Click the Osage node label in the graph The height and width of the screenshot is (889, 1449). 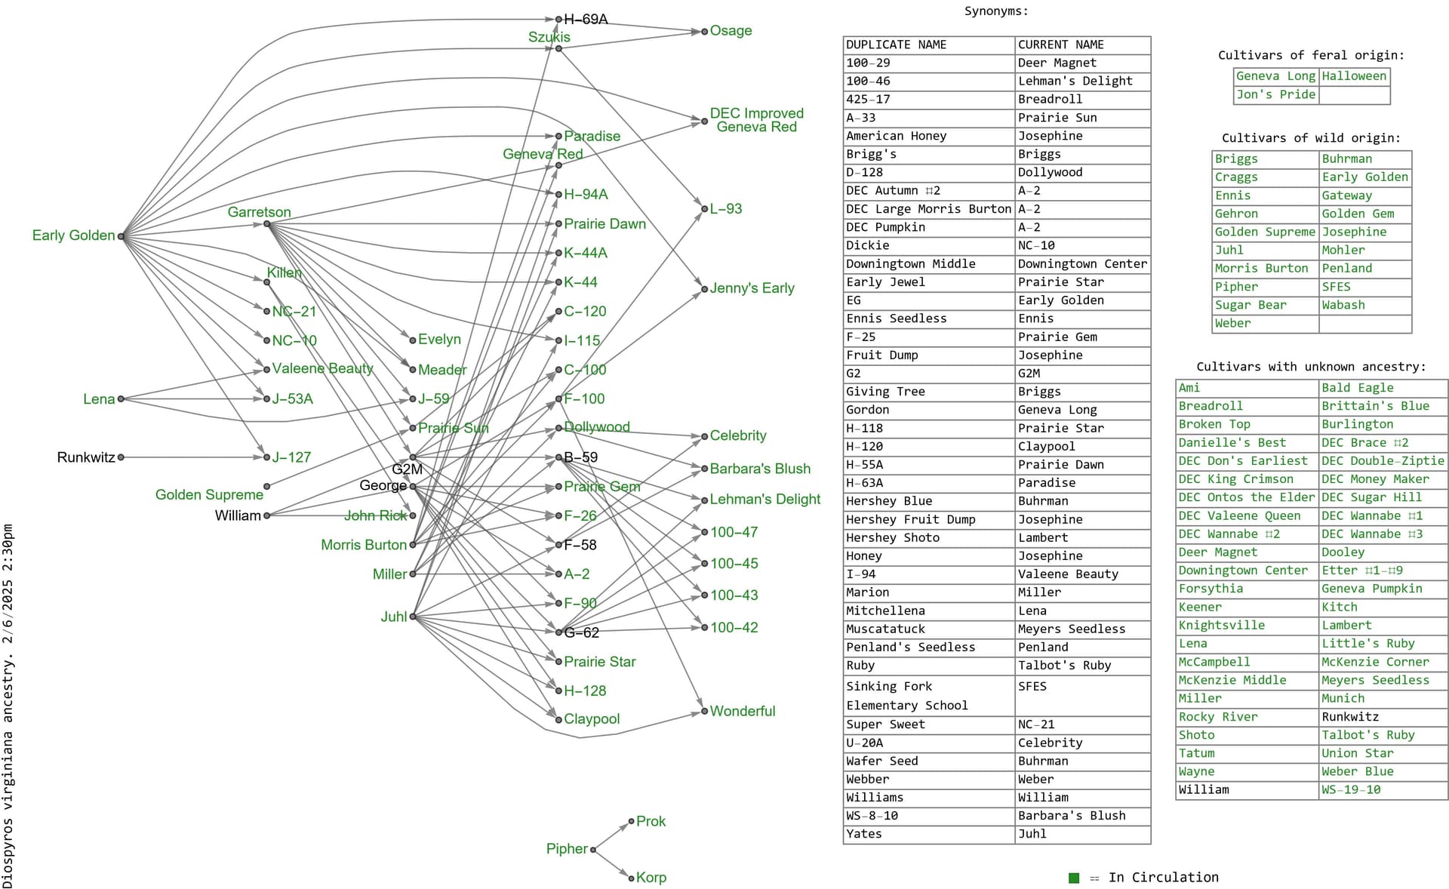(x=731, y=31)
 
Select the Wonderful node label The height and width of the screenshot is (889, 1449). (x=742, y=711)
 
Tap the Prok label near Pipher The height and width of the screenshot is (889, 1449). (x=651, y=821)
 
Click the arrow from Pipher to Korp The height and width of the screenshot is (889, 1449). (x=613, y=864)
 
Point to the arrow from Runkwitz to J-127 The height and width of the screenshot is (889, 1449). (x=193, y=457)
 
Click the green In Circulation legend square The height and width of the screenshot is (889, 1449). (x=1074, y=878)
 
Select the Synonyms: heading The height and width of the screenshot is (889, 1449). (x=996, y=11)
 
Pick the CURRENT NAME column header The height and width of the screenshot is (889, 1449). (x=1060, y=45)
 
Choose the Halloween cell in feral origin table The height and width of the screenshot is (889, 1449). (x=1354, y=76)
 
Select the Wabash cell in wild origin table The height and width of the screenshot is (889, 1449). (x=1343, y=305)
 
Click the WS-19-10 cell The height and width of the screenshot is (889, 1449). (x=1351, y=789)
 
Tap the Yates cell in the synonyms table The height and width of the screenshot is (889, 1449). (x=864, y=834)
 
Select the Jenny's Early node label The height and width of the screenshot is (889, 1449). (x=752, y=288)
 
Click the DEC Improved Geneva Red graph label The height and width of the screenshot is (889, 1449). (x=756, y=120)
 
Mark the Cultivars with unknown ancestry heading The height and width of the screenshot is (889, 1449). (x=1311, y=367)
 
